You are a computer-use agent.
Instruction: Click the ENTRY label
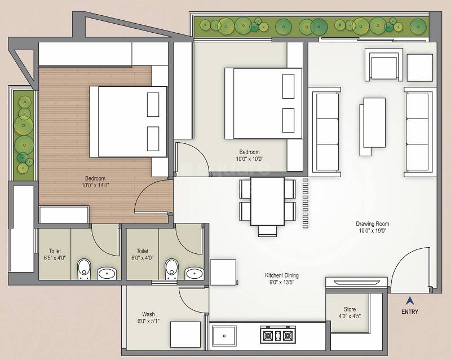410,311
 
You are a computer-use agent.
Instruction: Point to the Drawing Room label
373,223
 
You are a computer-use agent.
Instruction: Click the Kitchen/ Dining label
282,275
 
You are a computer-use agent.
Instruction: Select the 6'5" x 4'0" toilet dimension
55,258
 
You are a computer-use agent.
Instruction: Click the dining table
267,201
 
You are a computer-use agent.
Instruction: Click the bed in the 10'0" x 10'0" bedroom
263,103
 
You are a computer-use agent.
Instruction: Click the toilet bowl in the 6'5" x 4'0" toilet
83,269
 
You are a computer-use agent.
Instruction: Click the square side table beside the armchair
420,67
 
